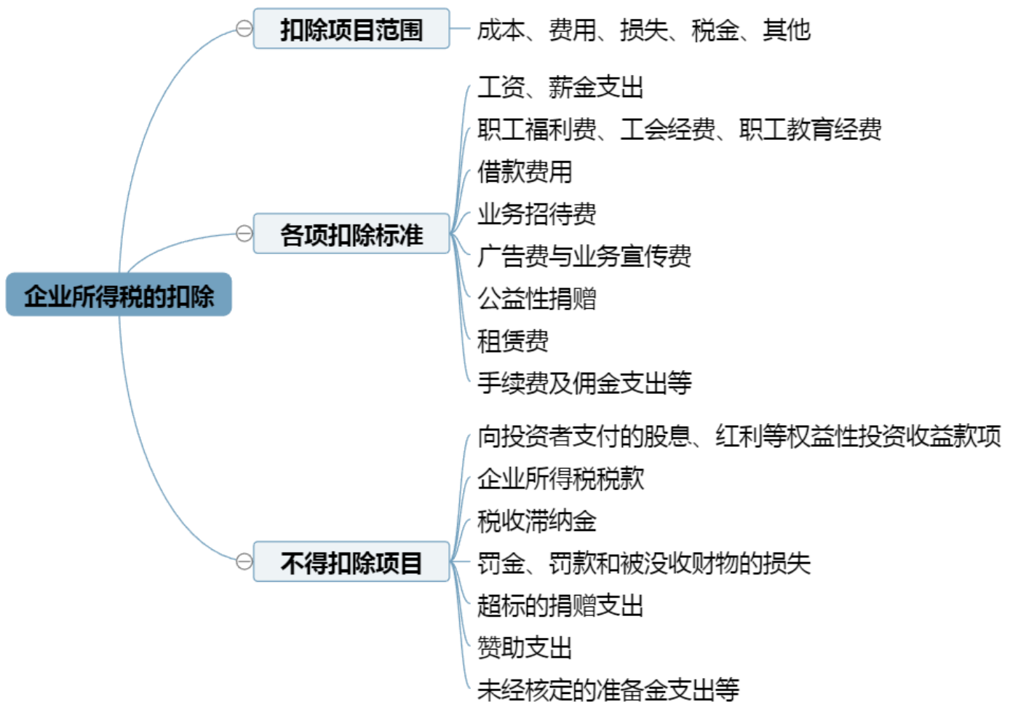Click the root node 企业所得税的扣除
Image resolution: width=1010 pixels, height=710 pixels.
click(119, 295)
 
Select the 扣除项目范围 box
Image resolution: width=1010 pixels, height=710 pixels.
click(351, 29)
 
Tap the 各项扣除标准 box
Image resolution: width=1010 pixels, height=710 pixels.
click(351, 234)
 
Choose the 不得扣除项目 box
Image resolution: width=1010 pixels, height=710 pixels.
click(351, 562)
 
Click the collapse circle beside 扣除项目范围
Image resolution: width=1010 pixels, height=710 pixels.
click(244, 28)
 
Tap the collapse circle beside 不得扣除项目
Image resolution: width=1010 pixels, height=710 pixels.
click(244, 561)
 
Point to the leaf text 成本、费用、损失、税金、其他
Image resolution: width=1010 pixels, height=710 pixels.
click(643, 30)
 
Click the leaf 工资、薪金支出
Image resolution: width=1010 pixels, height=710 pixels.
click(560, 87)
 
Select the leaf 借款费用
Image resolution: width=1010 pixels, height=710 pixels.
click(525, 172)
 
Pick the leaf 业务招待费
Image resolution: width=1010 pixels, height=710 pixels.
click(536, 213)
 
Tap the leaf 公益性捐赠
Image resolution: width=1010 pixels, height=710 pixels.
click(536, 298)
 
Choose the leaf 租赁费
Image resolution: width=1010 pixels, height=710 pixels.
click(512, 339)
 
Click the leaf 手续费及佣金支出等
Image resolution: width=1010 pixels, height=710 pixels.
click(584, 382)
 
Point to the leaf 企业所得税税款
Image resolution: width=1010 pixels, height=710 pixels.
click(560, 478)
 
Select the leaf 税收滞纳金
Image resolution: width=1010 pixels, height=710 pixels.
click(537, 520)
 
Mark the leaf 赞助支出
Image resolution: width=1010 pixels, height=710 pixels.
click(525, 647)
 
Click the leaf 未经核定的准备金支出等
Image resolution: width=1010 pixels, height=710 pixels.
click(608, 688)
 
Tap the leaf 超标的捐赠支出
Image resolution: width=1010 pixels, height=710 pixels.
click(560, 604)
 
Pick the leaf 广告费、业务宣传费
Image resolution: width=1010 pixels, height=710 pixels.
click(584, 256)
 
